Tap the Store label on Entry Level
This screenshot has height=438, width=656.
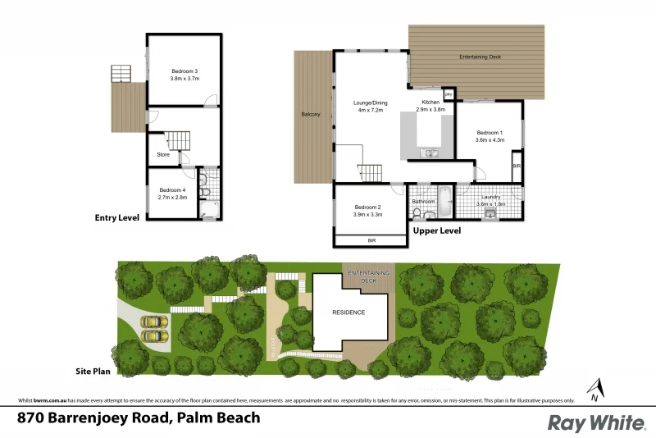tap(163, 153)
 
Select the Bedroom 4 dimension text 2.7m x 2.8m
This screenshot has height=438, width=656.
tap(173, 197)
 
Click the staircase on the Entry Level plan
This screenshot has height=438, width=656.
tap(178, 139)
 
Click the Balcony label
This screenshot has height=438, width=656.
tap(310, 114)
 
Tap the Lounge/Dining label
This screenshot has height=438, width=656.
tap(370, 103)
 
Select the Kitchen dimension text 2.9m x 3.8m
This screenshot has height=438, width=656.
tap(430, 109)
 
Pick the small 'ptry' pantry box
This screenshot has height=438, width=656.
tap(449, 94)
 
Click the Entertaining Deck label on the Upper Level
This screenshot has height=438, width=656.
tap(480, 57)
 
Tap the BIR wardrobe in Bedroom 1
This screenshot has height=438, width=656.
tap(516, 167)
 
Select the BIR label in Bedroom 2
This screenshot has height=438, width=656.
tap(371, 241)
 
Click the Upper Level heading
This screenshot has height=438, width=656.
tap(436, 231)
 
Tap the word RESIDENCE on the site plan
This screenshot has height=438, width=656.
tap(348, 313)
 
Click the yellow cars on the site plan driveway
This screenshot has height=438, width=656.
tap(153, 329)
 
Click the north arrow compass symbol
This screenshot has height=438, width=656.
tap(594, 389)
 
